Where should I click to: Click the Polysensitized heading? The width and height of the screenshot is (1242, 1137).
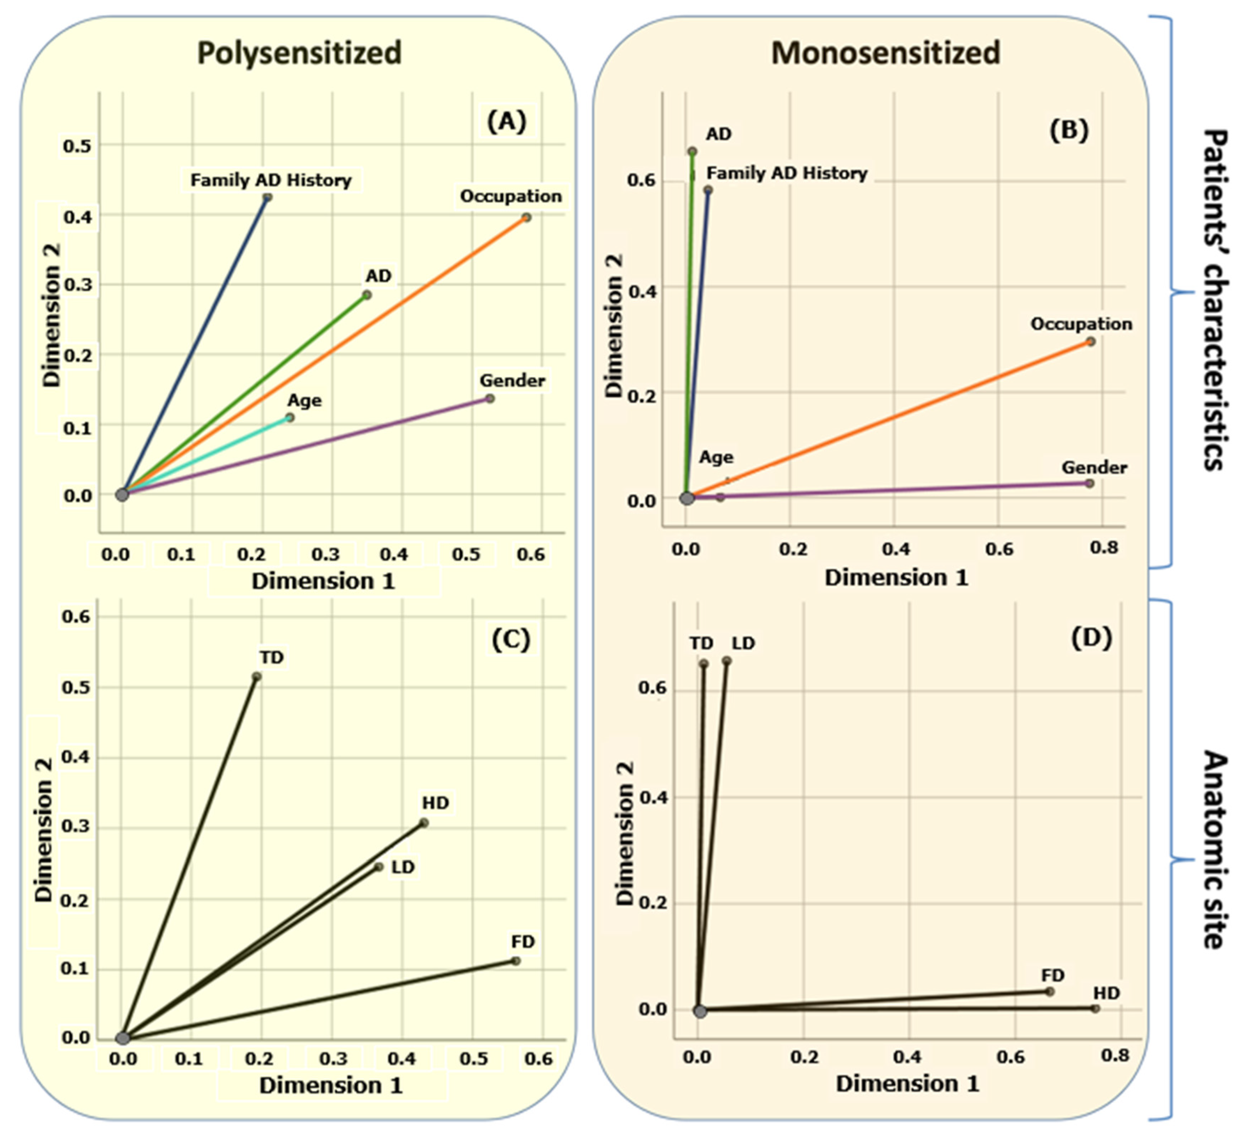(299, 52)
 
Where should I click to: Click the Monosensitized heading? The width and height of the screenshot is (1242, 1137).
(885, 52)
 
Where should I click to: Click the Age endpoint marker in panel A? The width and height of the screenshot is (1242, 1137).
(289, 417)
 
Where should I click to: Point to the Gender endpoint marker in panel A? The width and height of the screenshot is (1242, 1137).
(490, 398)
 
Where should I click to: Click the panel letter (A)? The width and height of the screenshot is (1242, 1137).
(506, 121)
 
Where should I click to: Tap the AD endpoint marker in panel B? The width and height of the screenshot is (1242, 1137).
(692, 151)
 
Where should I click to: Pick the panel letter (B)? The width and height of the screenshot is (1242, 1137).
(1069, 130)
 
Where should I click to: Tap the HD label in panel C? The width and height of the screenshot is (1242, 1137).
(435, 803)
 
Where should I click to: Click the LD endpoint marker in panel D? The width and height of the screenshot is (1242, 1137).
(727, 661)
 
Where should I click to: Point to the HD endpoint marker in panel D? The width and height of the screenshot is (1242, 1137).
(1095, 1009)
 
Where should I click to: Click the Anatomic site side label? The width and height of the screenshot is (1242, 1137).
(1214, 850)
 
